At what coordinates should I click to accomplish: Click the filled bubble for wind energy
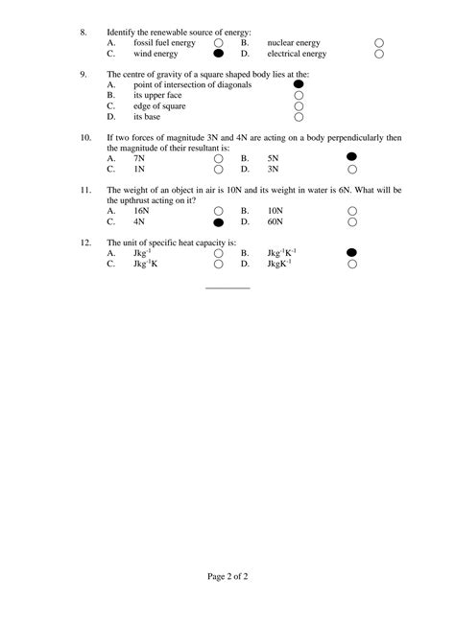219,55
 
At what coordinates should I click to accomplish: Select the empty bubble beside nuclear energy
379,44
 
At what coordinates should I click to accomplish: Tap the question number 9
84,75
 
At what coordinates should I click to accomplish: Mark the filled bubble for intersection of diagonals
299,85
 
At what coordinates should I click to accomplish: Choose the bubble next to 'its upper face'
299,96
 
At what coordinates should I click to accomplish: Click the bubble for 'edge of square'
299,106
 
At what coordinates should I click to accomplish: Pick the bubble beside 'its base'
299,118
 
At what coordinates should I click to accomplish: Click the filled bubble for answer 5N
352,156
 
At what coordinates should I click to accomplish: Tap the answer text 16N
141,210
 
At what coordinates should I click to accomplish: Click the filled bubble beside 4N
219,220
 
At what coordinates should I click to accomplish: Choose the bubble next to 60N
352,220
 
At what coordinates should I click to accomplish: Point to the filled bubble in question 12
352,252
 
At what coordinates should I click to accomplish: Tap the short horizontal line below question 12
227,287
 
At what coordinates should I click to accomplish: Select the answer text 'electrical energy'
298,55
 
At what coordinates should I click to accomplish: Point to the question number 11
85,189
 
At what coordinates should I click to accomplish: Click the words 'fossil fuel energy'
164,44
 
